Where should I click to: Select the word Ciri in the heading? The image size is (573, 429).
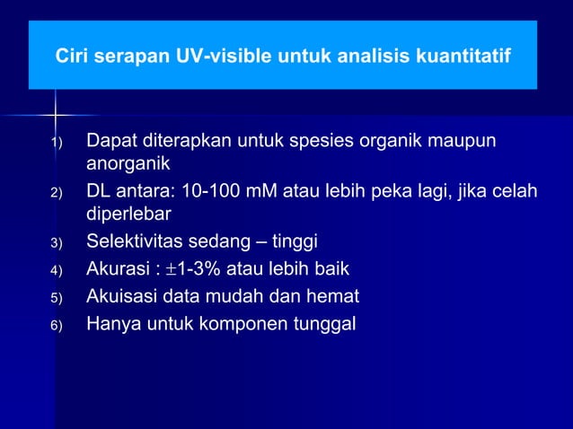pos(73,57)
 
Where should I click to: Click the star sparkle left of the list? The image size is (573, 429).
pos(56,115)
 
